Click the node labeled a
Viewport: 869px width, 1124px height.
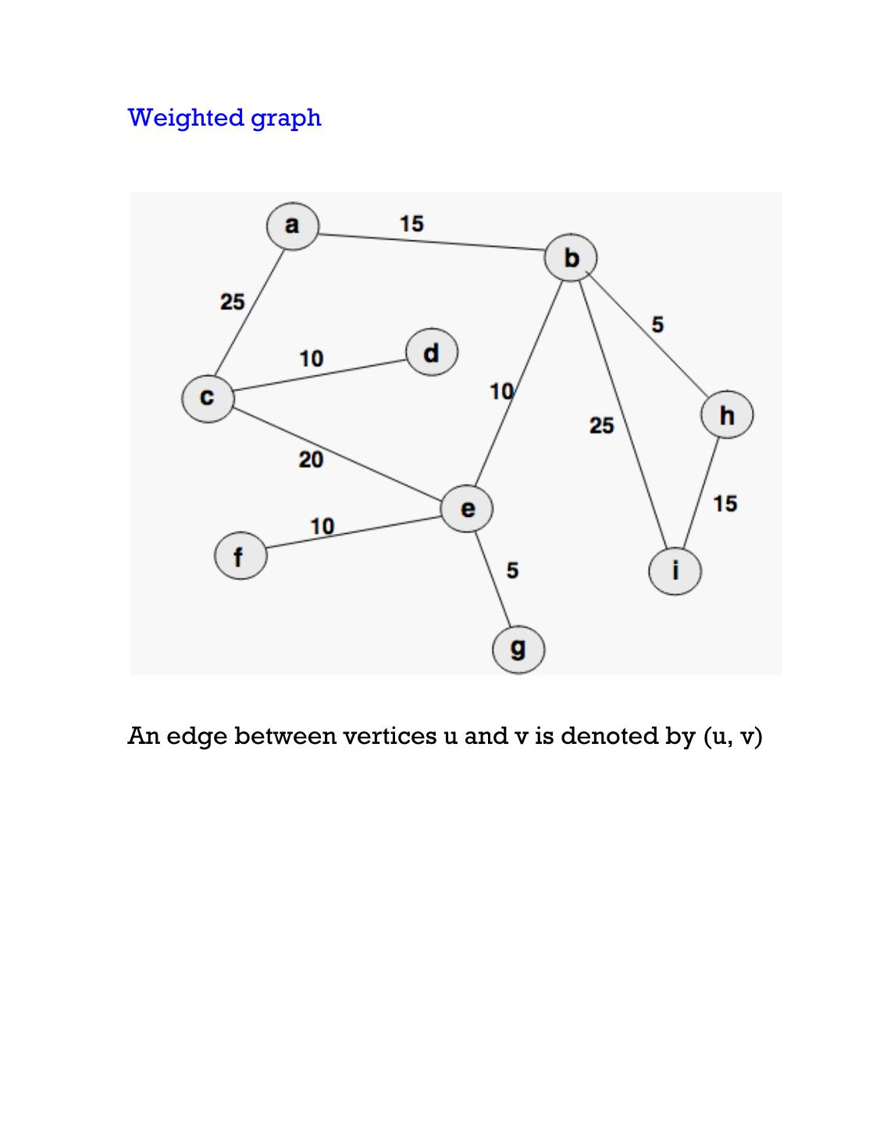pyautogui.click(x=292, y=226)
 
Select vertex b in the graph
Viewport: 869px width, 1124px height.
pyautogui.click(x=572, y=258)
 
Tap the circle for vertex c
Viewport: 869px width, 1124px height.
pyautogui.click(x=207, y=398)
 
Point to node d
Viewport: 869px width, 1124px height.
pyautogui.click(x=431, y=353)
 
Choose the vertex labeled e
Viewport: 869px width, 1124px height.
pyautogui.click(x=467, y=509)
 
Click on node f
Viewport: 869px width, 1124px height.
pyautogui.click(x=240, y=557)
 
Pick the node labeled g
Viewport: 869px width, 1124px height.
pyautogui.click(x=518, y=649)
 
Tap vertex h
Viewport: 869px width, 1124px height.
pyautogui.click(x=727, y=415)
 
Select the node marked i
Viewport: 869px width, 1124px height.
pyautogui.click(x=675, y=571)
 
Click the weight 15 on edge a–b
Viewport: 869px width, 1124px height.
pyautogui.click(x=411, y=223)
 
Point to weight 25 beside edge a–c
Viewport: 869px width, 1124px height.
pyautogui.click(x=232, y=301)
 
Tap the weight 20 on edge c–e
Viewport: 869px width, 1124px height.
pyautogui.click(x=311, y=461)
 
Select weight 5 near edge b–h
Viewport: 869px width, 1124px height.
pyautogui.click(x=657, y=324)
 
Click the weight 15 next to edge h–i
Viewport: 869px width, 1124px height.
pyautogui.click(x=725, y=503)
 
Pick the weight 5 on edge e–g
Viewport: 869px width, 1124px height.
pyautogui.click(x=512, y=571)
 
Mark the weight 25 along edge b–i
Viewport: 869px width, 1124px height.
pyautogui.click(x=601, y=425)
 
